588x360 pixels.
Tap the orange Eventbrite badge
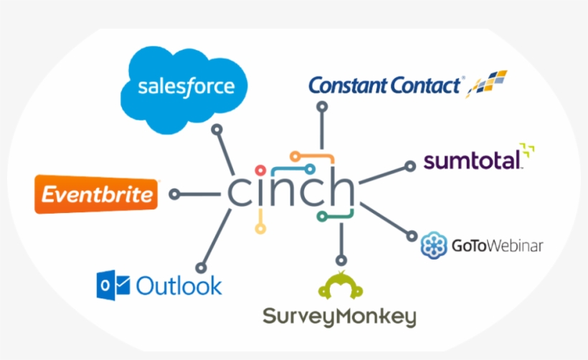pyautogui.click(x=96, y=194)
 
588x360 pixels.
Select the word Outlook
pyautogui.click(x=179, y=285)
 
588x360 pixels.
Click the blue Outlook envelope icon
pyautogui.click(x=113, y=285)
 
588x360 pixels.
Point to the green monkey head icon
pyautogui.click(x=341, y=285)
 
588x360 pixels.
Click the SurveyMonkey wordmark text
pyautogui.click(x=339, y=317)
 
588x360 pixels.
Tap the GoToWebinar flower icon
pyautogui.click(x=434, y=245)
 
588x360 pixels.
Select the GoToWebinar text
pyautogui.click(x=497, y=246)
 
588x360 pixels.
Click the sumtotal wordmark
pyautogui.click(x=473, y=161)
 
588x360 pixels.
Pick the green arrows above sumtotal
pyautogui.click(x=527, y=150)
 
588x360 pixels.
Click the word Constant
pyautogui.click(x=347, y=85)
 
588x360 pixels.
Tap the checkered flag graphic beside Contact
pyautogui.click(x=486, y=84)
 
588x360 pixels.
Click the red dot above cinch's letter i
pyautogui.click(x=260, y=171)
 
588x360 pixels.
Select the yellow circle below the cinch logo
pyautogui.click(x=260, y=228)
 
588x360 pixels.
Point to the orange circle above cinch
pyautogui.click(x=295, y=156)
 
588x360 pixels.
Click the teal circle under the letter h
pyautogui.click(x=321, y=217)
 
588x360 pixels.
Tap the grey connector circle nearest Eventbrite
pyautogui.click(x=174, y=194)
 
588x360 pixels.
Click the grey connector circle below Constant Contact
pyautogui.click(x=322, y=107)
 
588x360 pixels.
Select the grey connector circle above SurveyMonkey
pyautogui.click(x=341, y=260)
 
